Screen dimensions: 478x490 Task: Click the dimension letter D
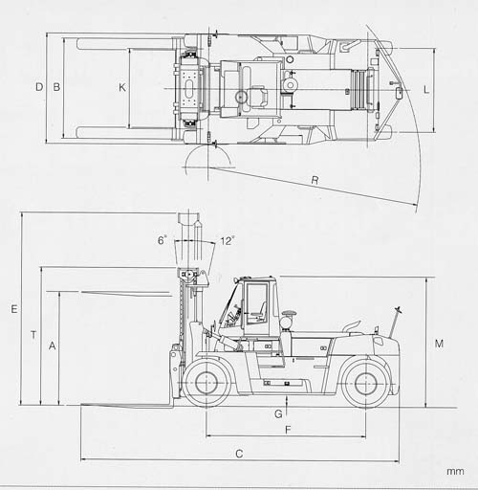tap(39, 87)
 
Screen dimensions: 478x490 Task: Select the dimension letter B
tap(56, 87)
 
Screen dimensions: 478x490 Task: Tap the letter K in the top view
tap(122, 87)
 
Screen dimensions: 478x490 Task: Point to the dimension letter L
tap(426, 90)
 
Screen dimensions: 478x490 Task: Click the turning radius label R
tap(315, 180)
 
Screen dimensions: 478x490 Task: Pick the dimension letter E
tap(14, 309)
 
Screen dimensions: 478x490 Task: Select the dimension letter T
tap(33, 335)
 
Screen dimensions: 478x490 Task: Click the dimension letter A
tap(53, 345)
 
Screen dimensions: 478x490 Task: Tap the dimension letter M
tap(439, 344)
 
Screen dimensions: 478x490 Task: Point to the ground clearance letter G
tap(278, 414)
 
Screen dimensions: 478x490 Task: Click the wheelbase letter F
tap(288, 430)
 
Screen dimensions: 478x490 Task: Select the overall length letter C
tap(239, 454)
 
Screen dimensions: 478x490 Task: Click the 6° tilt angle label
tap(162, 240)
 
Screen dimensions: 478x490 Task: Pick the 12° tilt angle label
tap(228, 240)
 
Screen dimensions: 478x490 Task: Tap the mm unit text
tap(455, 471)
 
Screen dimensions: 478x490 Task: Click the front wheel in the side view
tap(206, 383)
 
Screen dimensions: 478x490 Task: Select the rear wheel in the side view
tap(365, 383)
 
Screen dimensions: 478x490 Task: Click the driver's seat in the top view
tap(258, 96)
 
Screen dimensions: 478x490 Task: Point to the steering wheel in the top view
tap(242, 97)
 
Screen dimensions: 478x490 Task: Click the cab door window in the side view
tap(256, 303)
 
